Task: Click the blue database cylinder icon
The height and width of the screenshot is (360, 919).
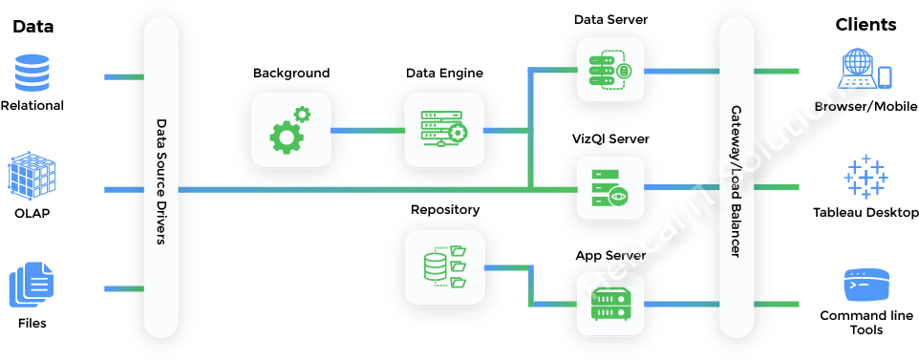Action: [32, 74]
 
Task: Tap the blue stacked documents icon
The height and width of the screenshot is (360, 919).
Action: [32, 285]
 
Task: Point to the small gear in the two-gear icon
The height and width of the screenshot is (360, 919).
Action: [302, 115]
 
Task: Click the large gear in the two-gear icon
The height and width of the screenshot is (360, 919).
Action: [286, 138]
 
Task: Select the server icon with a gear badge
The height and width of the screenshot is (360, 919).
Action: [444, 130]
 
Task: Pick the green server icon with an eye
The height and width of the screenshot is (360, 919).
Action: [610, 188]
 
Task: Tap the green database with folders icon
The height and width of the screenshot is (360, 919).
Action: [444, 267]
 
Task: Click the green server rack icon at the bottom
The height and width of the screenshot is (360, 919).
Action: [610, 305]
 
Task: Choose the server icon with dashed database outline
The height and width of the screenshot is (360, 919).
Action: [610, 71]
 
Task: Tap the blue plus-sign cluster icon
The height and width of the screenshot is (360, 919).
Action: [866, 177]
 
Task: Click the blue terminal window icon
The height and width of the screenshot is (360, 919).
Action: [866, 285]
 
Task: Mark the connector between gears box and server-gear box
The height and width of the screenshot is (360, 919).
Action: [368, 130]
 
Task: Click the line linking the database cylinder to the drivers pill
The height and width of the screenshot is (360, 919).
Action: [123, 76]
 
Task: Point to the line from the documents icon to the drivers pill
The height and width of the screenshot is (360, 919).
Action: [123, 288]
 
